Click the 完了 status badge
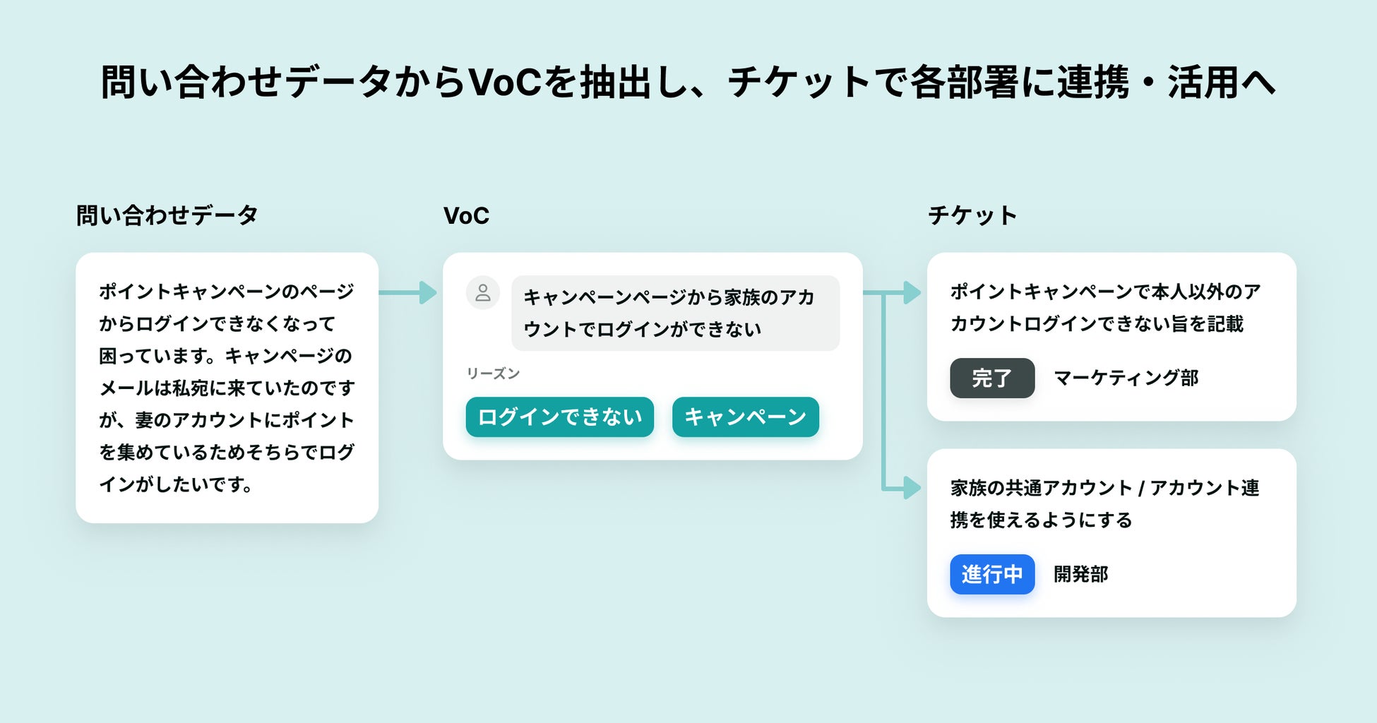click(x=991, y=378)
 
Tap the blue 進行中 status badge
click(x=991, y=574)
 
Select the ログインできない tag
click(x=559, y=417)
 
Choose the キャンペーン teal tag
click(x=745, y=417)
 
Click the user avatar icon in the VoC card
click(x=483, y=292)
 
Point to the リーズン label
click(x=493, y=374)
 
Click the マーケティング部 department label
click(x=1126, y=378)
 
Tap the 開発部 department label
click(x=1080, y=574)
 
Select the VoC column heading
click(x=466, y=215)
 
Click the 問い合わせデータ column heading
click(x=167, y=215)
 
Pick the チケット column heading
click(x=972, y=215)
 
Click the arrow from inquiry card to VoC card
click(x=408, y=292)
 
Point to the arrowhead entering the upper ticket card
click(x=912, y=292)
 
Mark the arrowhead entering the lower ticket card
click(x=912, y=488)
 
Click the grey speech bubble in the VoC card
click(x=675, y=313)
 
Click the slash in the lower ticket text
click(x=1140, y=489)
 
